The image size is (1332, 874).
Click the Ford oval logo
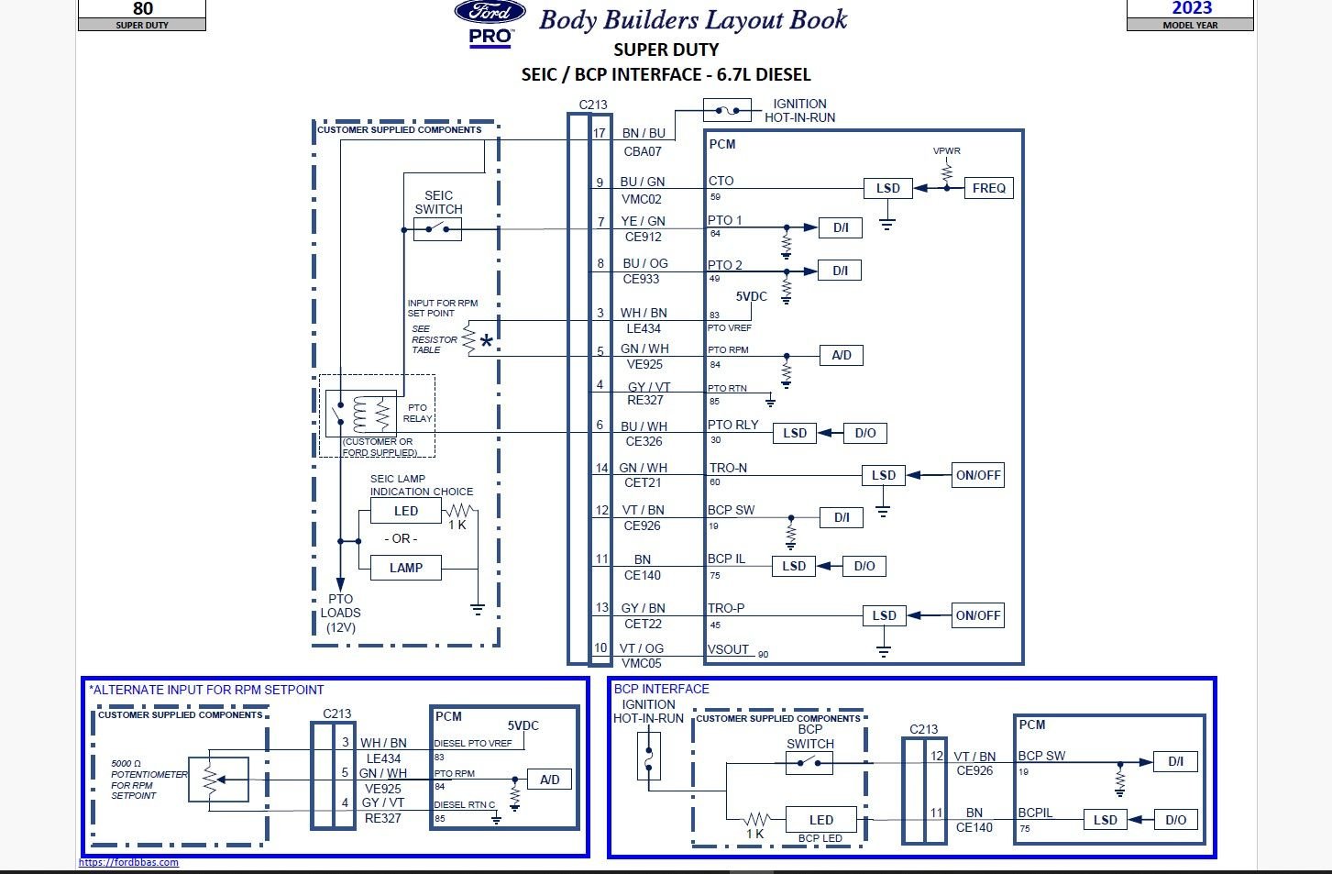(x=490, y=13)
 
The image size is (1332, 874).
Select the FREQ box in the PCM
(x=988, y=188)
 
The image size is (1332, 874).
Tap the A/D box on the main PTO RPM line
(x=841, y=355)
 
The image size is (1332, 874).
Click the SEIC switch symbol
(x=437, y=229)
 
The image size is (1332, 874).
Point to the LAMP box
(x=405, y=568)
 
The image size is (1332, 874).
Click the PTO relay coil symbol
(x=373, y=414)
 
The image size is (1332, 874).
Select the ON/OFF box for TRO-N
(x=978, y=475)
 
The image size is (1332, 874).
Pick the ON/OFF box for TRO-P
(x=977, y=615)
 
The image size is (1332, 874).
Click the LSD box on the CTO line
(x=887, y=188)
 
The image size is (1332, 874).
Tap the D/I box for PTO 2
(x=840, y=271)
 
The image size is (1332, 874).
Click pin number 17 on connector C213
(x=600, y=133)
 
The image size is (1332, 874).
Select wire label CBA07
(x=643, y=151)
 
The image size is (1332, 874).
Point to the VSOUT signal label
(x=729, y=649)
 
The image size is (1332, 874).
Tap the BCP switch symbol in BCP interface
(x=809, y=761)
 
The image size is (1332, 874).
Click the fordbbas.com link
(x=128, y=862)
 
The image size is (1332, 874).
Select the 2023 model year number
(x=1191, y=8)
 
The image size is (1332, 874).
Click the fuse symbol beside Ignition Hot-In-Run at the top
(x=727, y=111)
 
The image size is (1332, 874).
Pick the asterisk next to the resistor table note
(x=486, y=342)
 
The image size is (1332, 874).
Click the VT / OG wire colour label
(x=641, y=648)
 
